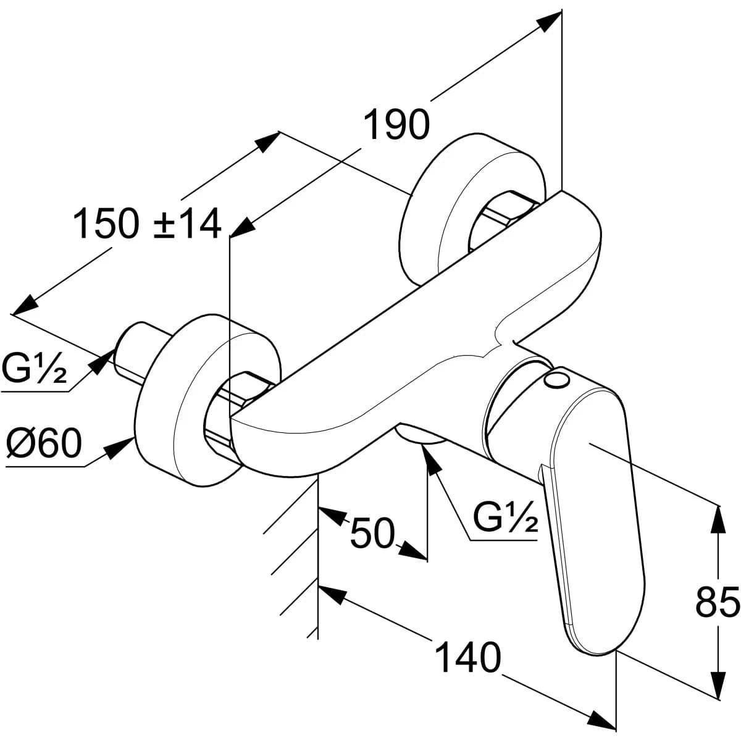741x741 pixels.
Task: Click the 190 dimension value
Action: click(396, 125)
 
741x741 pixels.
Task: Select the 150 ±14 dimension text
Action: click(147, 224)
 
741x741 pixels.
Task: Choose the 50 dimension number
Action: click(372, 533)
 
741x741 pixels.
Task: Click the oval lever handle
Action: click(593, 519)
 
